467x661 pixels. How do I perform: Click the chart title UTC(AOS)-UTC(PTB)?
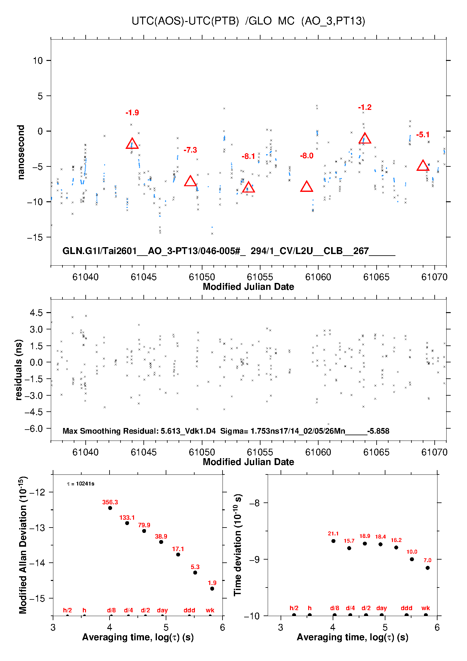185,21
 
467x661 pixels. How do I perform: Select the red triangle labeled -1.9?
132,144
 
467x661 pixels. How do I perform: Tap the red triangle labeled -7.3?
190,181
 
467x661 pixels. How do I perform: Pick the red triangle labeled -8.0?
307,187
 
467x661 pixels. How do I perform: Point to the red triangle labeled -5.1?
423,165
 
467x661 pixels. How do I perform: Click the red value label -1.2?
365,107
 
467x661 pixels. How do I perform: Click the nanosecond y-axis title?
21,152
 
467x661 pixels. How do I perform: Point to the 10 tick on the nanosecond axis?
38,61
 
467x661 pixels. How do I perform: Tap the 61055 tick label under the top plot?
260,277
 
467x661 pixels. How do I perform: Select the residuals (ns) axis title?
19,370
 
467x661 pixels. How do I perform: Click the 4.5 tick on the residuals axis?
36,313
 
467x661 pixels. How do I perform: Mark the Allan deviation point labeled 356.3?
110,508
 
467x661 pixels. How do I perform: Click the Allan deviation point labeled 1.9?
212,588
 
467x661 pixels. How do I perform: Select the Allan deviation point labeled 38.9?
161,542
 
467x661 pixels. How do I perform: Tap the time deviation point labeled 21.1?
333,541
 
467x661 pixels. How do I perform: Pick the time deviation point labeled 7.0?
427,568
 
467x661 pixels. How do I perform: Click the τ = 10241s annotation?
81,484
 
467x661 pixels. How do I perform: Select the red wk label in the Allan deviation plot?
210,610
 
